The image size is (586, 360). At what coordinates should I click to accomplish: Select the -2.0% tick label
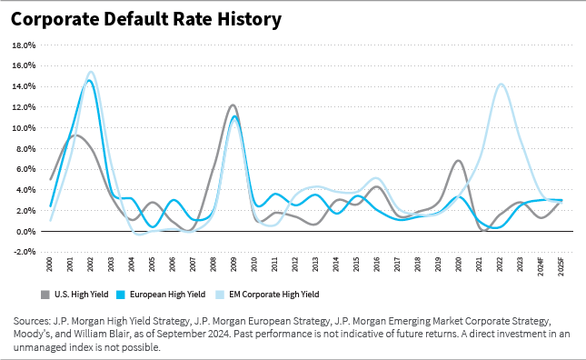tap(23, 252)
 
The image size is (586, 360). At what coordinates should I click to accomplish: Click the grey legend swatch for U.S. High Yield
tap(45, 294)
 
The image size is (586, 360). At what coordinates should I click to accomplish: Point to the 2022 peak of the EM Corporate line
tap(501, 85)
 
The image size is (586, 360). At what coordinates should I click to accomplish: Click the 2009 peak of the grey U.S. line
tap(233, 105)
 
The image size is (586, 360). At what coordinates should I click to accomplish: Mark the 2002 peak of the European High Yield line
tap(89, 81)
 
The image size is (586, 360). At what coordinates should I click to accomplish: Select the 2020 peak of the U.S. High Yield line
tap(459, 161)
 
